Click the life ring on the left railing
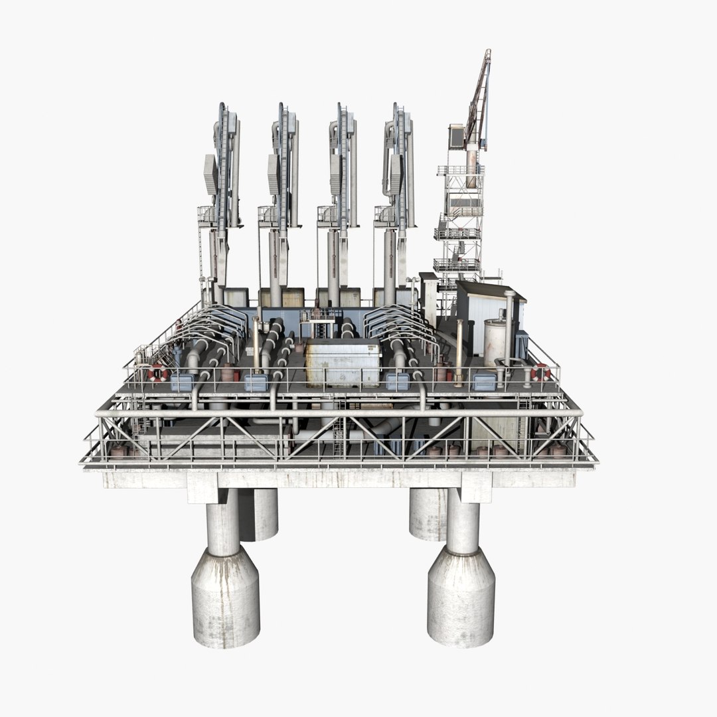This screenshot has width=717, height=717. [157, 372]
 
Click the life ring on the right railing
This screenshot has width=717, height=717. [540, 372]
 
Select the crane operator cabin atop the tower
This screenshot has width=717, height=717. [457, 136]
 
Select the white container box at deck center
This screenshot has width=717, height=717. [342, 362]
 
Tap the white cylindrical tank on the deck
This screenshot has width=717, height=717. [494, 342]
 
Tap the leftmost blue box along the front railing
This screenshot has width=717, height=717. [182, 382]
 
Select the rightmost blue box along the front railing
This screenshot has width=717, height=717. [484, 380]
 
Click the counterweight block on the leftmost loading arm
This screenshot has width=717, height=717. [210, 174]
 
